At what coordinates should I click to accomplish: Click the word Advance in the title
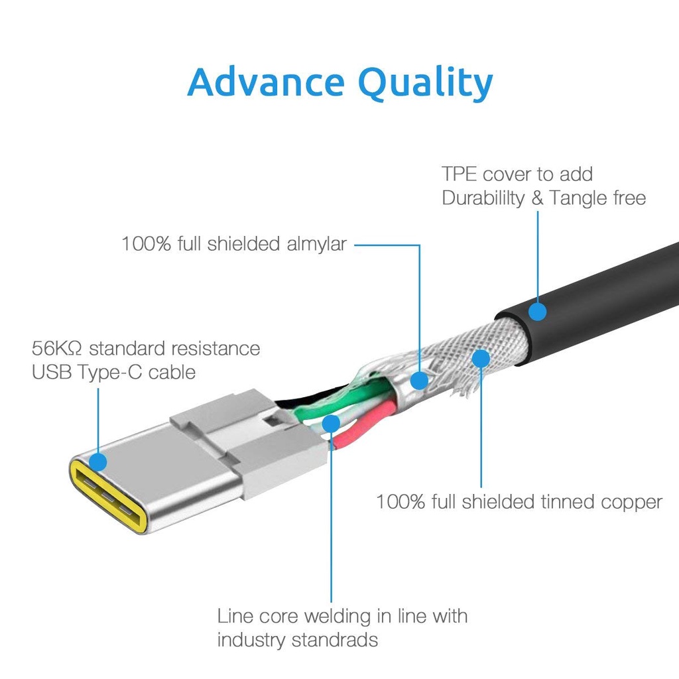[x=266, y=82]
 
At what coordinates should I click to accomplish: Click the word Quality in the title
[x=426, y=83]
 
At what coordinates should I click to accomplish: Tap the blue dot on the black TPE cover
[x=537, y=312]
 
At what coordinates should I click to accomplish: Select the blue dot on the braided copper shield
[x=481, y=359]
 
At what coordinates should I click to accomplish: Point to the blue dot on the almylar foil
[x=419, y=380]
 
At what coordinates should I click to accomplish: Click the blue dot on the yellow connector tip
[x=98, y=462]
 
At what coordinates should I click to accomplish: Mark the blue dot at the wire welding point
[x=331, y=423]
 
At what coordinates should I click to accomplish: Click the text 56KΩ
[x=56, y=348]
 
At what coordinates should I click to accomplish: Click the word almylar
[x=316, y=244]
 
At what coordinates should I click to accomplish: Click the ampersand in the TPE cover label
[x=537, y=198]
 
